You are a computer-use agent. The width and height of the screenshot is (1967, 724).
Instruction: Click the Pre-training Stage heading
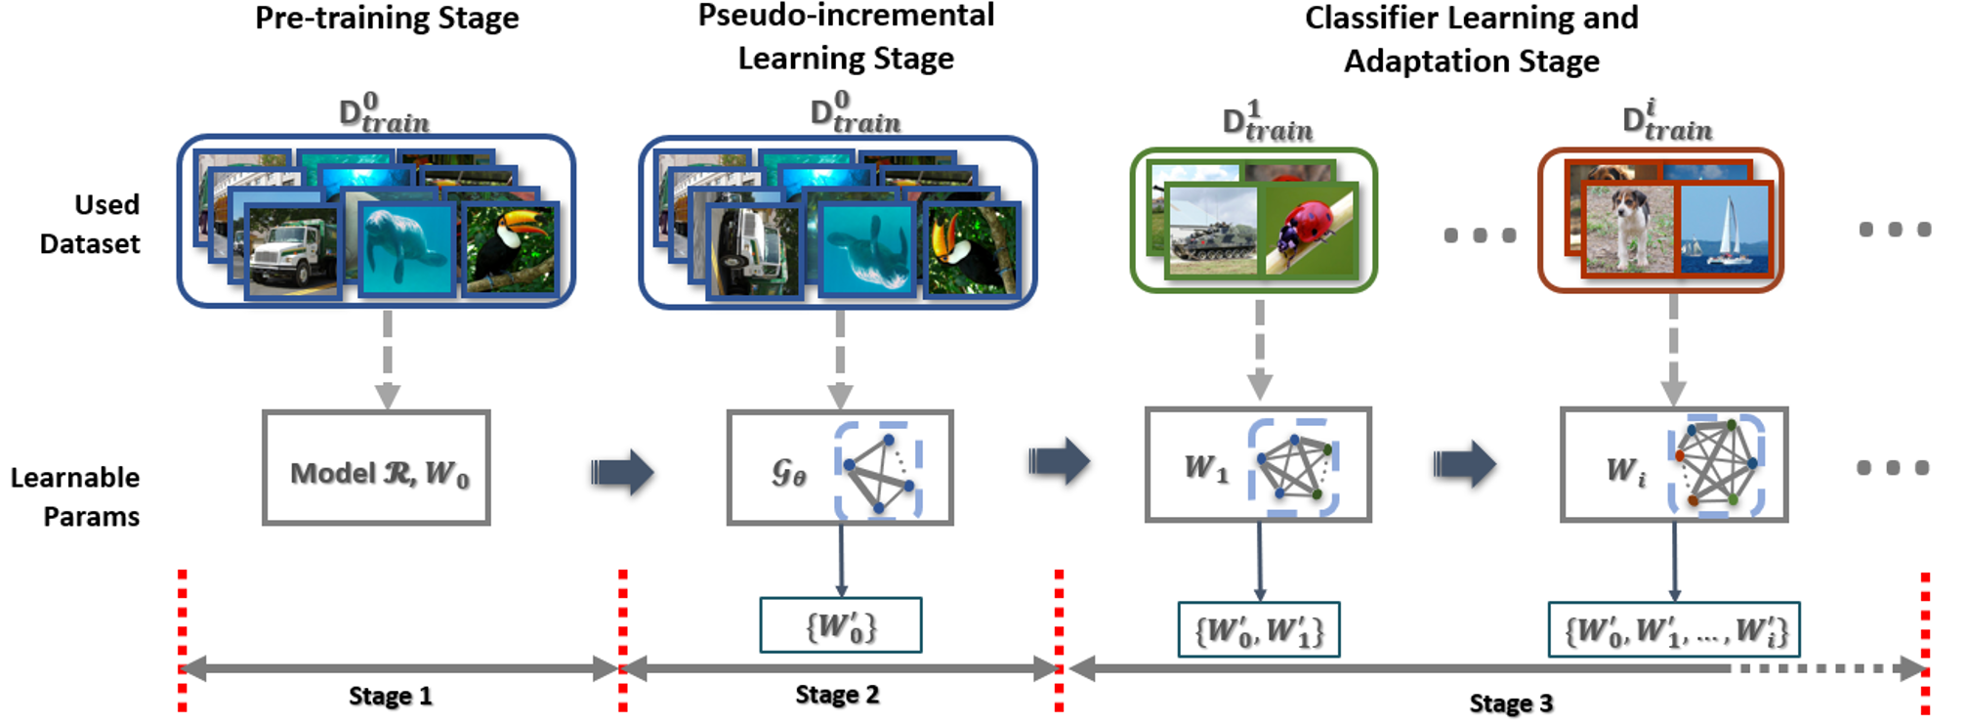point(387,19)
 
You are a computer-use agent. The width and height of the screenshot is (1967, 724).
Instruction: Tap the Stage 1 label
point(390,696)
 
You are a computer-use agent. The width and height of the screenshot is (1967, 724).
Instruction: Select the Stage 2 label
point(837,695)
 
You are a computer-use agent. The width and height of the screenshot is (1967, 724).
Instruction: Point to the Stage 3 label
point(1511,703)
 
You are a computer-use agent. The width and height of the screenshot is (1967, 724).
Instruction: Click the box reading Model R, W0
point(376,468)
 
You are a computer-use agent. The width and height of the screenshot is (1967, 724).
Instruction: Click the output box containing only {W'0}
point(841,625)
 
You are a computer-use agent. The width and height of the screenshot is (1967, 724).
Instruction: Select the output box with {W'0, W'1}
point(1259,629)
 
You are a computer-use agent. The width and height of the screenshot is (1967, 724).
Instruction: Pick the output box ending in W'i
point(1674,629)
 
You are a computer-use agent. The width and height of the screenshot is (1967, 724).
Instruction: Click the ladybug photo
point(1308,230)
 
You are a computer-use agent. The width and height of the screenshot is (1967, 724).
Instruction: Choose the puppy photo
point(1628,229)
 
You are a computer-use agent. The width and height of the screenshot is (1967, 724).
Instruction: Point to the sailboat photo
point(1725,229)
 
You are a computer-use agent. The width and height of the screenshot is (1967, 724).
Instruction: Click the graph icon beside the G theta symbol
point(879,470)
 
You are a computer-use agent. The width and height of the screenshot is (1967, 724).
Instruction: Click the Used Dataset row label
point(90,224)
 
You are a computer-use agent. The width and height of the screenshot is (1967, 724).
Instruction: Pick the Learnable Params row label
point(75,496)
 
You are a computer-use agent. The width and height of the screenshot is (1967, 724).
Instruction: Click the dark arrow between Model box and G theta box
point(622,473)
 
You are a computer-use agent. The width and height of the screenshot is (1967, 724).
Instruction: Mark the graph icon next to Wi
point(1717,465)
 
